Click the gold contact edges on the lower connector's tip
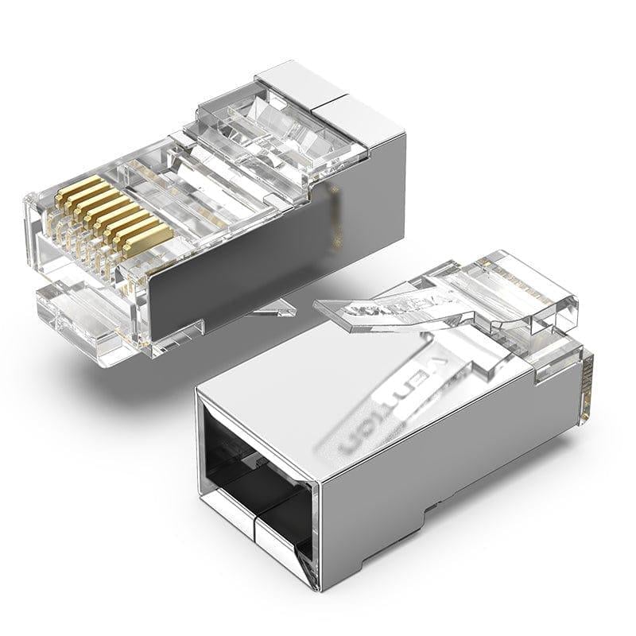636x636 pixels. [x=588, y=386]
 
